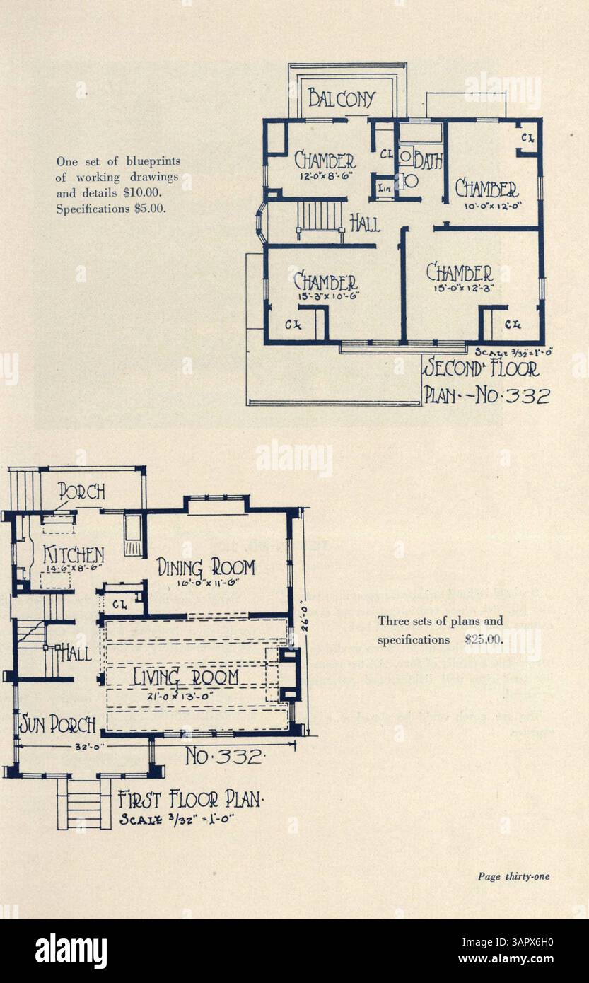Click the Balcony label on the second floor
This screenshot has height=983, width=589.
342,98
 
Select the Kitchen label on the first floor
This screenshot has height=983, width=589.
74,554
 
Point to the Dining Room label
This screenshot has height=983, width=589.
205,567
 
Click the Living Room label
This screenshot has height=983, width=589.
186,678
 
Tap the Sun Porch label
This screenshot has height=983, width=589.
57,724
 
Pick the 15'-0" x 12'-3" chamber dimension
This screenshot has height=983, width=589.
459,288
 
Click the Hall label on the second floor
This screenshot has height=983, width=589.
366,223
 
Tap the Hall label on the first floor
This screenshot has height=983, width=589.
76,652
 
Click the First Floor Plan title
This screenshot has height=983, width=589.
191,801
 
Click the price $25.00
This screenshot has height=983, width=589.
484,640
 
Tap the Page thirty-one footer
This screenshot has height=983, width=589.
513,877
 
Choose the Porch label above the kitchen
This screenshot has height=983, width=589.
81,490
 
